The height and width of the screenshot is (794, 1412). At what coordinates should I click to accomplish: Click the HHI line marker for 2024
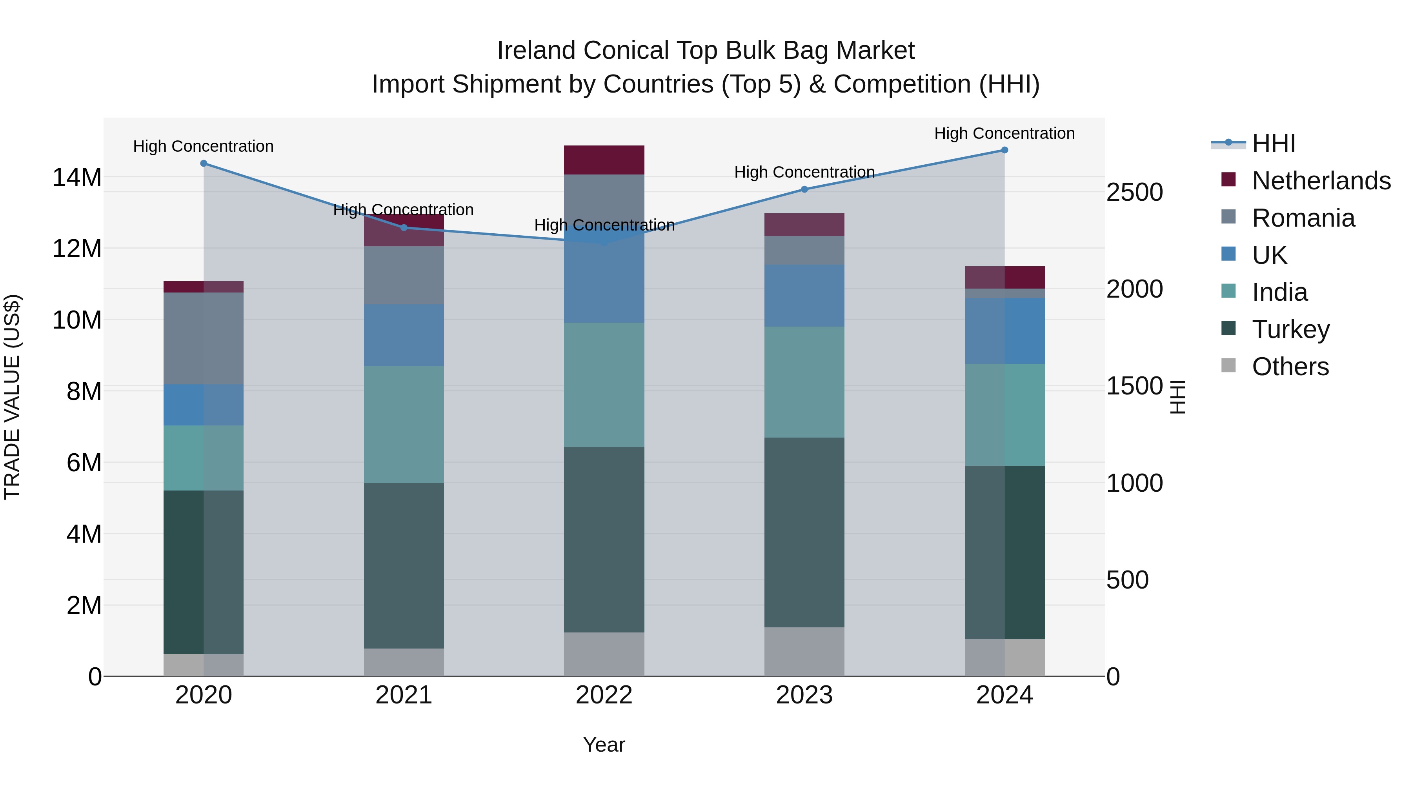[x=1004, y=150]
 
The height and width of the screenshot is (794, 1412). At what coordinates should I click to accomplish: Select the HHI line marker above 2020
[x=203, y=163]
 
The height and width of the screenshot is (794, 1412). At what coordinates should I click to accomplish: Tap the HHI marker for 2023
[x=804, y=190]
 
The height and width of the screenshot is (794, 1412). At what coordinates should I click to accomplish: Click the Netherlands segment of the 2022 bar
[x=604, y=160]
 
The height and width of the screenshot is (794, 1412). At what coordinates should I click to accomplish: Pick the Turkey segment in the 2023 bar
[x=804, y=532]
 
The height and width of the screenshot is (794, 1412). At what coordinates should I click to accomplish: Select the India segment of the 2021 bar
[x=404, y=425]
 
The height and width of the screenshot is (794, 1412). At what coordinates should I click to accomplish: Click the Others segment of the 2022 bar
[x=604, y=654]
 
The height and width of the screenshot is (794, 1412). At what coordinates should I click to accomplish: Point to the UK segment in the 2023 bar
[x=804, y=296]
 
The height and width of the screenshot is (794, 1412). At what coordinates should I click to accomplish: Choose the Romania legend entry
[x=1303, y=218]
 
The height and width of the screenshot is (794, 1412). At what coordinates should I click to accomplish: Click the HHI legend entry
[x=1273, y=144]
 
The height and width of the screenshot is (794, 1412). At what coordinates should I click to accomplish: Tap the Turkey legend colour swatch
[x=1229, y=329]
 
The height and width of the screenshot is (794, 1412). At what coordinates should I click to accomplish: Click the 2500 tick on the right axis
[x=1134, y=193]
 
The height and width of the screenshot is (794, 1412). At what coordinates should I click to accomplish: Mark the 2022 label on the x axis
[x=604, y=695]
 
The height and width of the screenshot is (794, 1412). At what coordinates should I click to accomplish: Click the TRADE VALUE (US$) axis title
[x=12, y=397]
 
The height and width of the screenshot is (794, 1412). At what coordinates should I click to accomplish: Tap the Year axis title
[x=604, y=745]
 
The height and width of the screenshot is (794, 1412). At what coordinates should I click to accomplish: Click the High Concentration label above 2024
[x=1004, y=133]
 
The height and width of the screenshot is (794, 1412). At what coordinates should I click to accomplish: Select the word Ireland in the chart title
[x=536, y=51]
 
